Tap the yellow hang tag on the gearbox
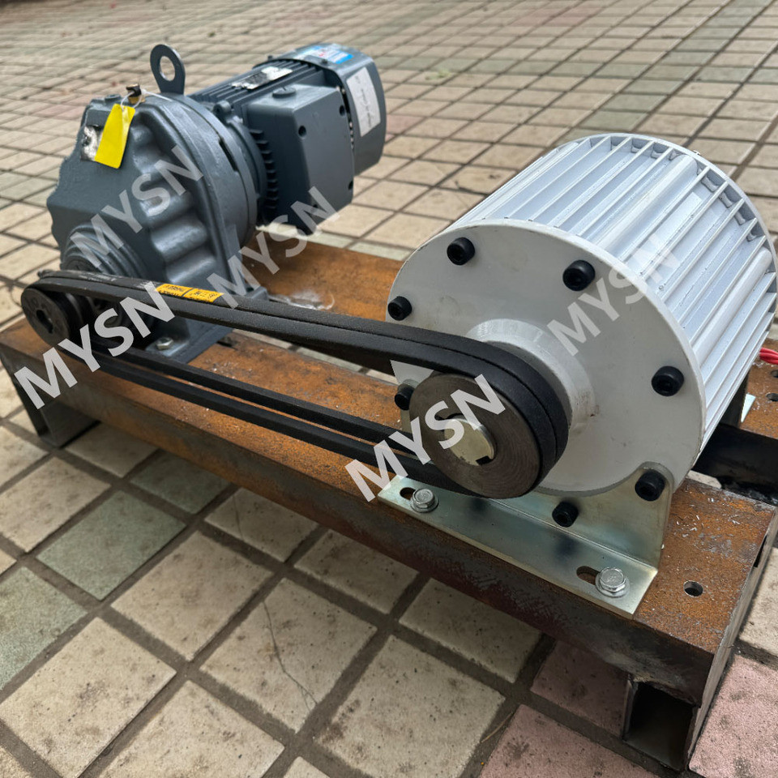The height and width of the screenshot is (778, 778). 114,135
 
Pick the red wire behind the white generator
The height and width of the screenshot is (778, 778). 768,355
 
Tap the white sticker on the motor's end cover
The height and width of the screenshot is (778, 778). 364,100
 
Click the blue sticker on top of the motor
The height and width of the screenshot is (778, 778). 327,53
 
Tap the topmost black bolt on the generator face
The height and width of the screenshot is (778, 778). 460,250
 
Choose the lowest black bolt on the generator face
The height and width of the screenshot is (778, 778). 565,513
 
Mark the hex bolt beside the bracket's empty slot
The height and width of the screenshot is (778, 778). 611,581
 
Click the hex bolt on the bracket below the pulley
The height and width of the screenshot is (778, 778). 423,499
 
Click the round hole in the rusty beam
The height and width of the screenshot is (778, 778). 693,588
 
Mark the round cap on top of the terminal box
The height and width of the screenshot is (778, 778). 284,92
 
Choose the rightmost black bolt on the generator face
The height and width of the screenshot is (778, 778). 667,380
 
